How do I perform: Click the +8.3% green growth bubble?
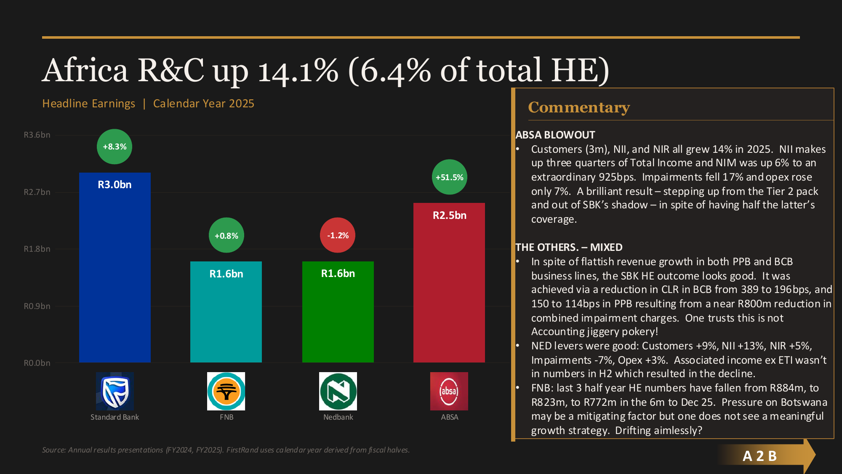click(115, 146)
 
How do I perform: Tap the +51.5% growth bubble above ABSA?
click(449, 177)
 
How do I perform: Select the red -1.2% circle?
click(338, 235)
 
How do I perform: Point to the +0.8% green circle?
click(226, 236)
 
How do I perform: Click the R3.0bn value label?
click(115, 185)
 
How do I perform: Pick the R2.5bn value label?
click(449, 216)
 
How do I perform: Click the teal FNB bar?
click(226, 320)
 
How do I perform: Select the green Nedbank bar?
click(338, 320)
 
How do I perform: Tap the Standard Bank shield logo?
click(115, 391)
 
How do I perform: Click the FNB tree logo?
click(226, 391)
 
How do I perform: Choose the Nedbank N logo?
click(338, 391)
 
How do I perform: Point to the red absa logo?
click(449, 391)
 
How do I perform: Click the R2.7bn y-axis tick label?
click(37, 192)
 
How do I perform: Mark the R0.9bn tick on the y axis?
click(37, 306)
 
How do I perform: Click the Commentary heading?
click(579, 107)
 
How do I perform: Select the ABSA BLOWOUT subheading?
click(555, 135)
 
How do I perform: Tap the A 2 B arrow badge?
click(760, 456)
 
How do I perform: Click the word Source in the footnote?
click(53, 450)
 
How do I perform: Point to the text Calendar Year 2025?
click(203, 104)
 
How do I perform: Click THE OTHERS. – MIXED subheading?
click(569, 247)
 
